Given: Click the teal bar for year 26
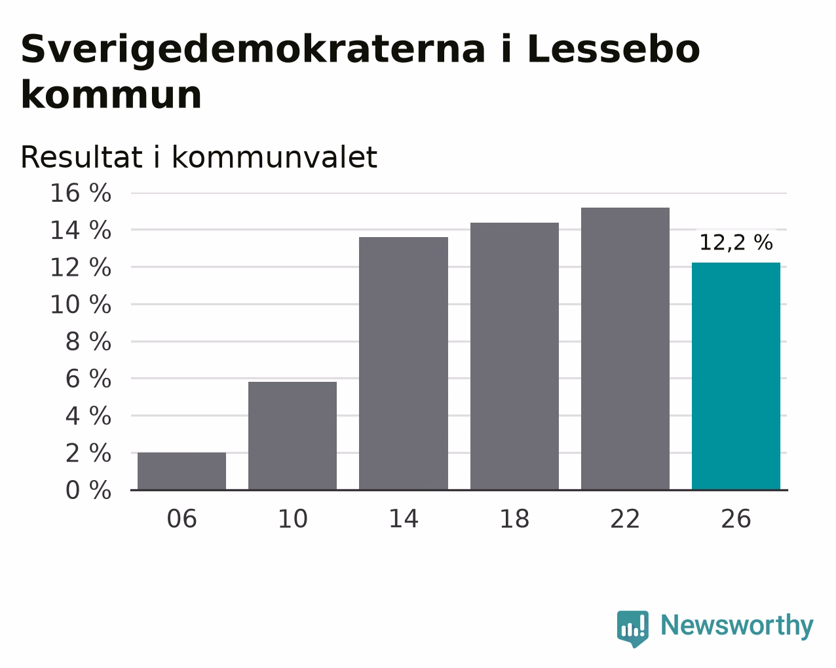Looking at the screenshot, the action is click(x=736, y=376).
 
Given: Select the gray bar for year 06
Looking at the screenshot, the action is click(x=181, y=471).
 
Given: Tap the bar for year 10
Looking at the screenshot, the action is click(x=292, y=436).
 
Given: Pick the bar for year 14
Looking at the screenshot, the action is click(x=403, y=363).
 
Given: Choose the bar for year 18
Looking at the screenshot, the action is click(x=514, y=356).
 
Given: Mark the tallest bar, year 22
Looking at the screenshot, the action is click(x=625, y=349).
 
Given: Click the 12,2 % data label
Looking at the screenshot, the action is click(x=736, y=243).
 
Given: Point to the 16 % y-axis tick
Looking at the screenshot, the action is click(x=81, y=193).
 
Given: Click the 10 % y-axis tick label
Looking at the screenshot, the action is click(x=81, y=304).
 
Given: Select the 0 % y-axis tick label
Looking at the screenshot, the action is click(x=88, y=490).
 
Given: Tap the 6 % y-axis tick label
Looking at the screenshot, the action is click(x=88, y=379).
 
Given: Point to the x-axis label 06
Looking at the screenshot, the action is click(x=181, y=519).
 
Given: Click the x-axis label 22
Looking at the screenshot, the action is click(x=625, y=519).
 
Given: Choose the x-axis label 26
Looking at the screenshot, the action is click(x=736, y=519).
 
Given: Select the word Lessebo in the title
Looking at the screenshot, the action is click(x=613, y=49).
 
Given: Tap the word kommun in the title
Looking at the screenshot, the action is click(x=111, y=94).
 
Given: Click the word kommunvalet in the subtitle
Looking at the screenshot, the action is click(x=275, y=157).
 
